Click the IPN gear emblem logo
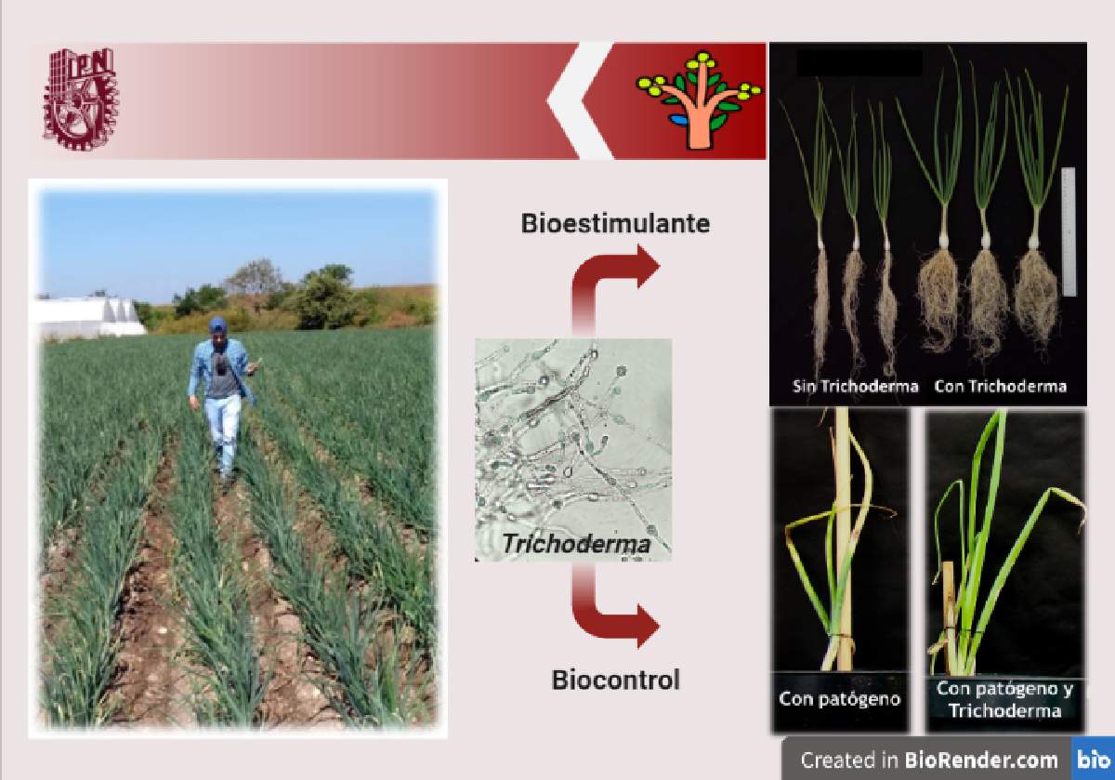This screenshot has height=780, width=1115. [x=81, y=99]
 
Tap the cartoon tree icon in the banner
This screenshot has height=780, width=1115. [x=699, y=100]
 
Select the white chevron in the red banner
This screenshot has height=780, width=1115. [x=581, y=100]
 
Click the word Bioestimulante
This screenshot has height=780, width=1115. [x=615, y=223]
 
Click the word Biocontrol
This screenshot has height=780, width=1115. [x=616, y=680]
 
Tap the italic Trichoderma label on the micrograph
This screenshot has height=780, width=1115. [x=576, y=544]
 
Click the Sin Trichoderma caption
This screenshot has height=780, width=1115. [x=855, y=386]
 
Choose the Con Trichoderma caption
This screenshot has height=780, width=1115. [x=1001, y=386]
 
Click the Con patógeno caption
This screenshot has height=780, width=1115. [x=840, y=699]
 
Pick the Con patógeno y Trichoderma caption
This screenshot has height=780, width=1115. [x=1005, y=699]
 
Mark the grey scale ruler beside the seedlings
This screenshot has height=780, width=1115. [x=1069, y=232]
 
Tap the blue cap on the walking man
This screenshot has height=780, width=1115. [x=217, y=325]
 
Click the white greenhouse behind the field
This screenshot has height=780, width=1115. [x=88, y=316]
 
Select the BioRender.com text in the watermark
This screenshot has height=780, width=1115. [x=980, y=760]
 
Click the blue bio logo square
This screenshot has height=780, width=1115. [x=1093, y=759]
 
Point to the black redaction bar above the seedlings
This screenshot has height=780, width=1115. [x=859, y=63]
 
